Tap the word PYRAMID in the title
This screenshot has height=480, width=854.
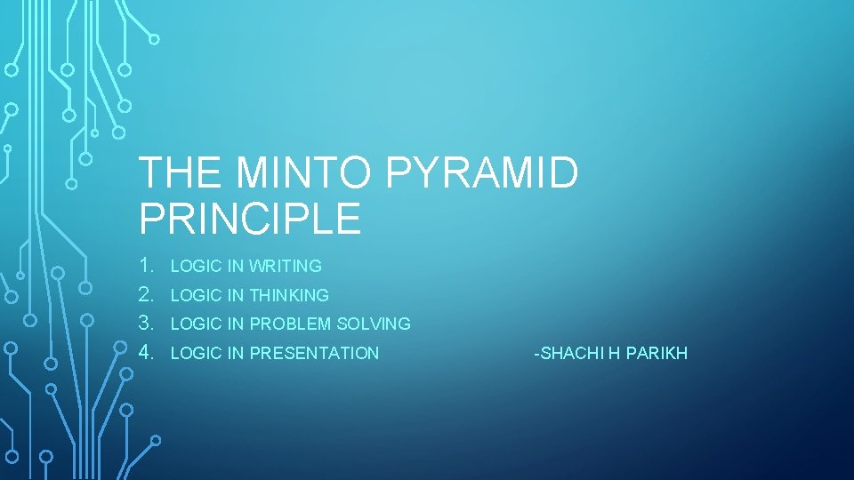pos(482,173)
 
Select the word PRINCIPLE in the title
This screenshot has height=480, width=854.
pos(250,219)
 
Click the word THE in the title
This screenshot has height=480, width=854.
pos(181,173)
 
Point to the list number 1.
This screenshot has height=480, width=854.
pos(147,265)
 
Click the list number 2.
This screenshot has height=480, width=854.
pos(147,294)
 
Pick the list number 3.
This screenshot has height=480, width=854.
pos(147,324)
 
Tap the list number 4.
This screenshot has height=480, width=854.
pos(147,353)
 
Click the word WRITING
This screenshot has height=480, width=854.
pos(286,266)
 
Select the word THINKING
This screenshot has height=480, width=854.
pos(289,295)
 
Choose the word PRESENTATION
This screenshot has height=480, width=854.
pos(314,354)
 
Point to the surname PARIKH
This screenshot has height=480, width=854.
pos(657,354)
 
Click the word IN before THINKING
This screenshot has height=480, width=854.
pos(237,295)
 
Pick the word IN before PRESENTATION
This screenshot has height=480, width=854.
pos(237,354)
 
